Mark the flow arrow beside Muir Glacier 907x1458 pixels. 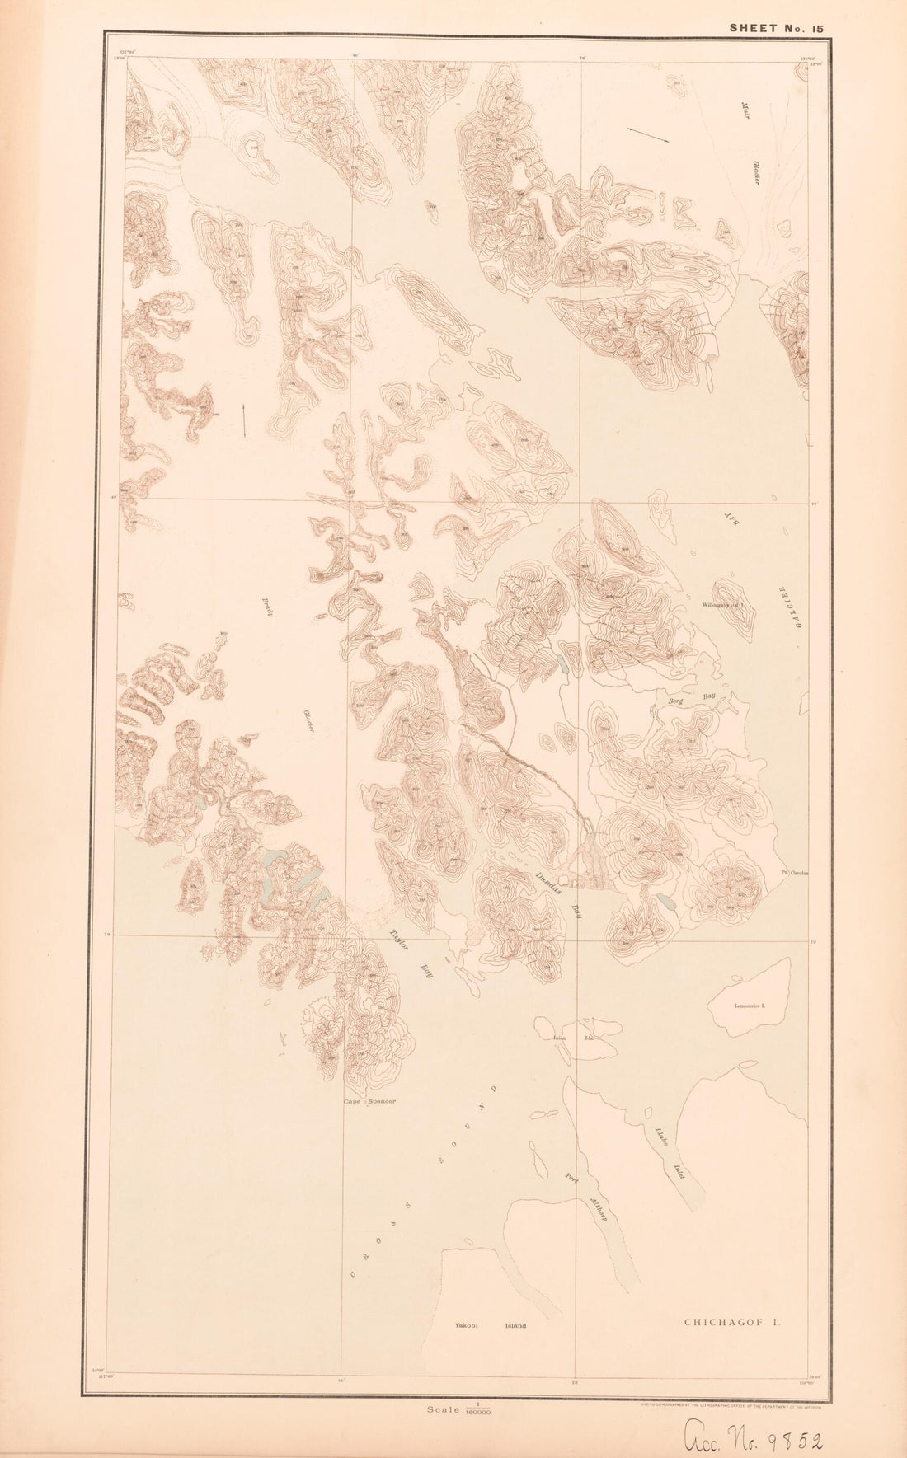647,135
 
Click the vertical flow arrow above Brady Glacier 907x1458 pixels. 244,420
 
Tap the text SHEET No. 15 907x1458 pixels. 776,28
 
